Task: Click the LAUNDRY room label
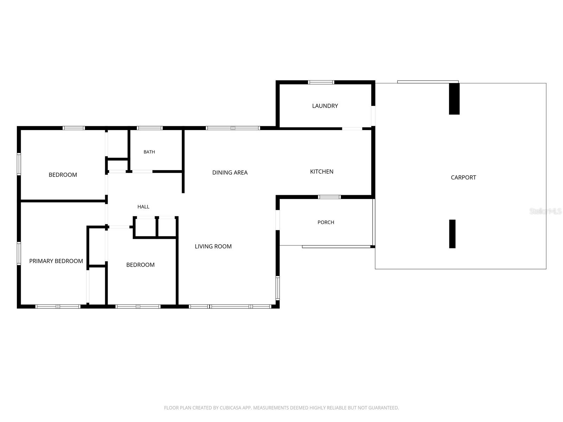[325, 106]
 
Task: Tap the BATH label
[149, 152]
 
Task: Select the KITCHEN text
[321, 172]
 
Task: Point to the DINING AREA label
[230, 173]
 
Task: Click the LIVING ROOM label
[213, 247]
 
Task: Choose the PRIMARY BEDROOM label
[56, 261]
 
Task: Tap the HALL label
[143, 207]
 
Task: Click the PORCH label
[326, 222]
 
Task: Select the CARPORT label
[463, 178]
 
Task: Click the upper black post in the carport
[454, 99]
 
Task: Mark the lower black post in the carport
[452, 234]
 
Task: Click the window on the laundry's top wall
[321, 82]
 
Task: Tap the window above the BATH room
[150, 128]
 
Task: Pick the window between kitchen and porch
[329, 197]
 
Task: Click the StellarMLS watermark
[545, 211]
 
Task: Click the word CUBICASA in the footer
[229, 408]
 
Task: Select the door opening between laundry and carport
[373, 116]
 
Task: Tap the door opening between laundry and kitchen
[352, 128]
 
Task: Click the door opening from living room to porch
[278, 220]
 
